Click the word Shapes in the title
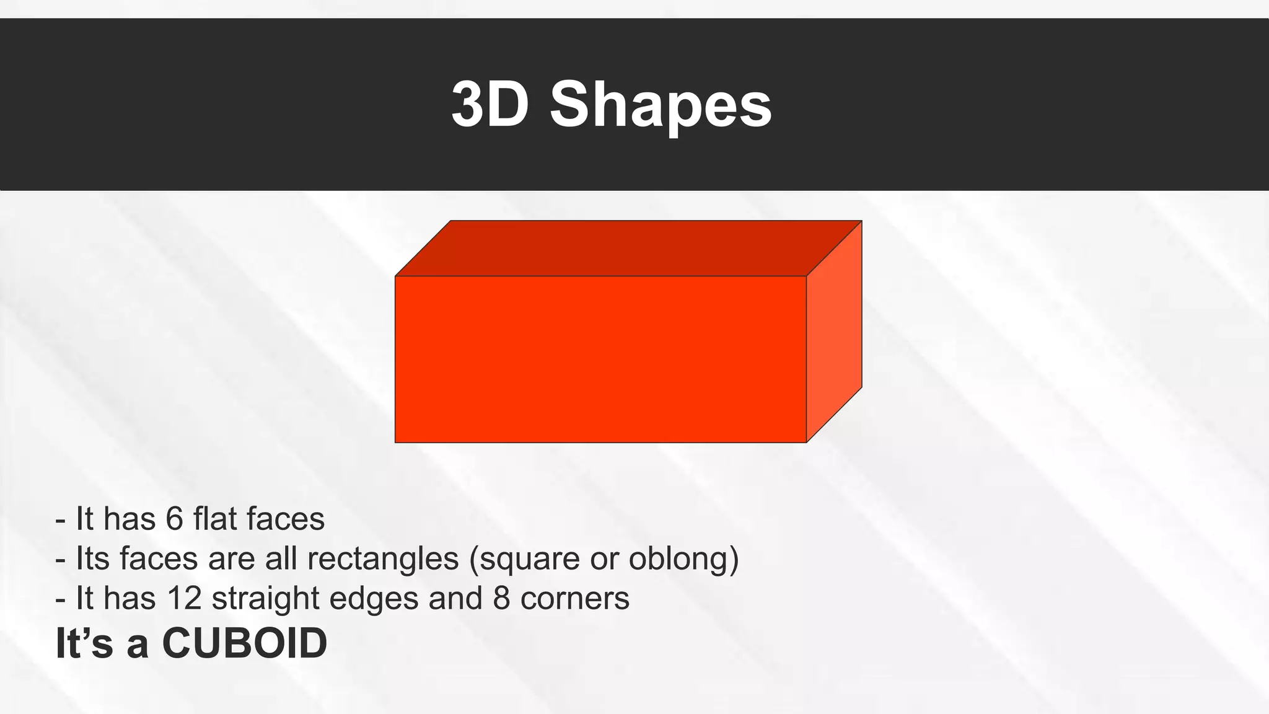pyautogui.click(x=661, y=105)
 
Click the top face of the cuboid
pyautogui.click(x=628, y=248)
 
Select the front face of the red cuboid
pyautogui.click(x=600, y=359)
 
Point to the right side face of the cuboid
pyautogui.click(x=834, y=332)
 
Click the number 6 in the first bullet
pyautogui.click(x=175, y=519)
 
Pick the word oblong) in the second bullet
pyautogui.click(x=683, y=558)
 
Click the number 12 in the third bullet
pyautogui.click(x=184, y=598)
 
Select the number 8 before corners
pyautogui.click(x=501, y=598)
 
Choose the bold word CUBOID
pyautogui.click(x=244, y=643)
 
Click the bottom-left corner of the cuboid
pyautogui.click(x=395, y=443)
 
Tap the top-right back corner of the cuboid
pyautogui.click(x=862, y=221)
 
